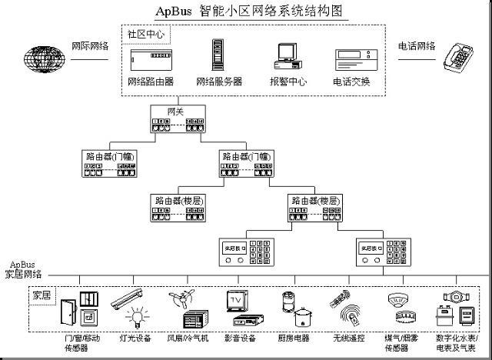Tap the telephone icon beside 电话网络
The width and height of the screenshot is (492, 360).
tap(458, 57)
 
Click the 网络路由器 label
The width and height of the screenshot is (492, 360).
tap(151, 81)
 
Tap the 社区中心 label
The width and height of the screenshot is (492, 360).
tap(145, 35)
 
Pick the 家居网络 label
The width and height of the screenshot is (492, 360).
tap(25, 274)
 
